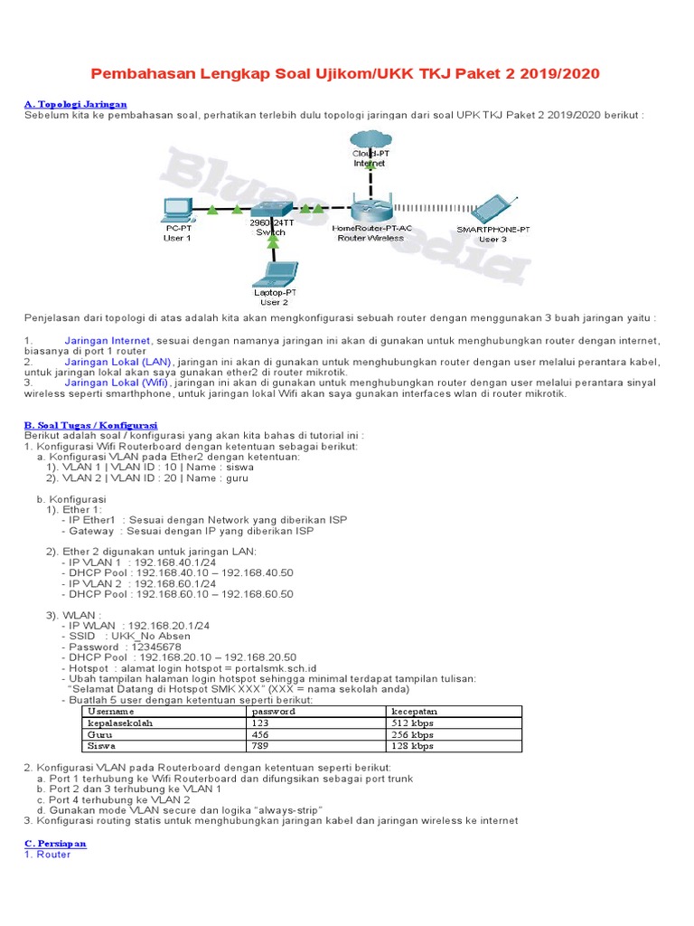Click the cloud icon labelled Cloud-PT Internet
coord(369,140)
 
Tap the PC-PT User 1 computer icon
coord(176,210)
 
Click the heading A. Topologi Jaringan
coord(75,104)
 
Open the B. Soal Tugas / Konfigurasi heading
coord(90,424)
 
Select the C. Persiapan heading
coord(55,843)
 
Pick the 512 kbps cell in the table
coord(414,723)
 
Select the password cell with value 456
coord(261,735)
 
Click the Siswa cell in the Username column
coord(101,747)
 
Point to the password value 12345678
coord(156,647)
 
